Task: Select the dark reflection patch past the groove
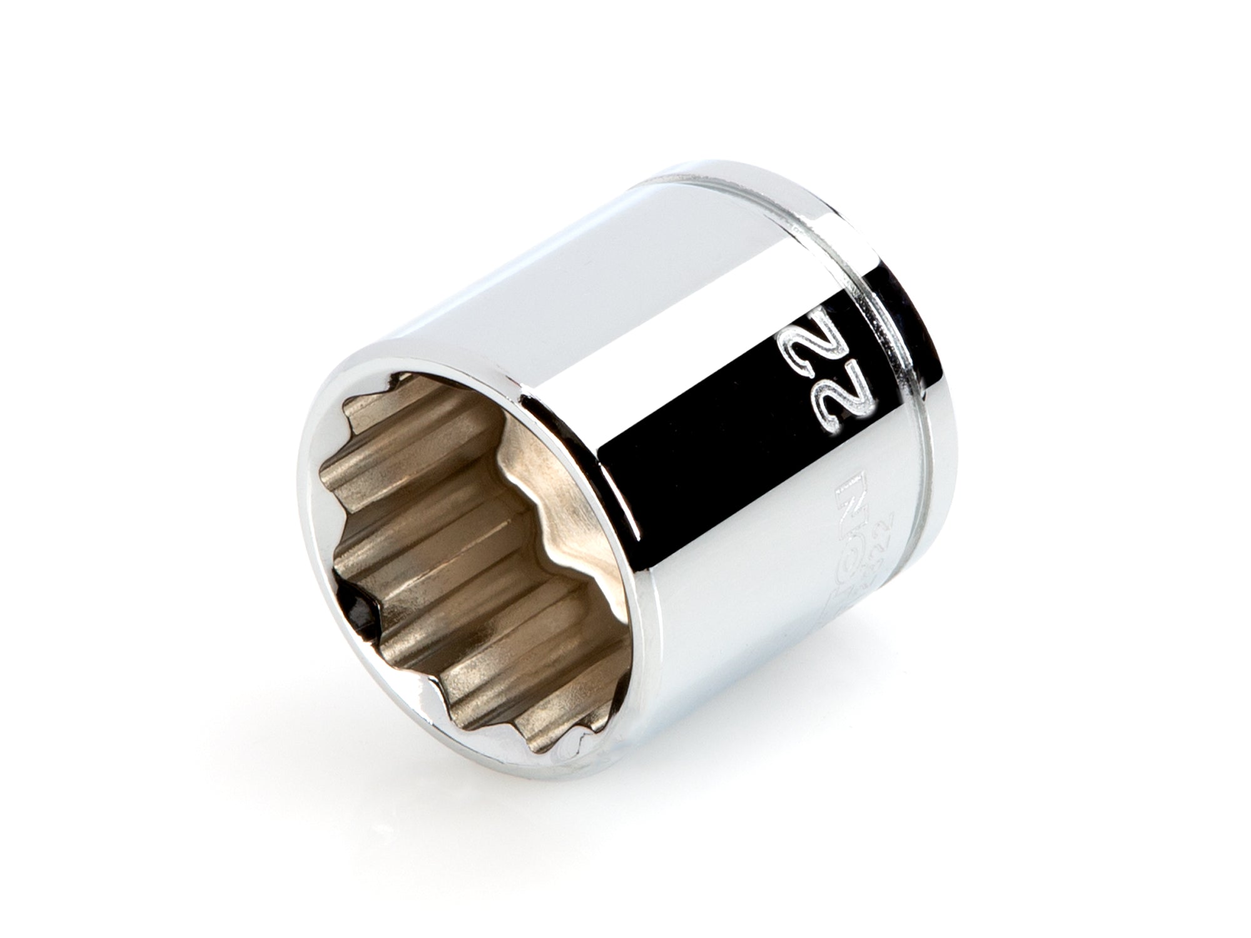pos(907,300)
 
